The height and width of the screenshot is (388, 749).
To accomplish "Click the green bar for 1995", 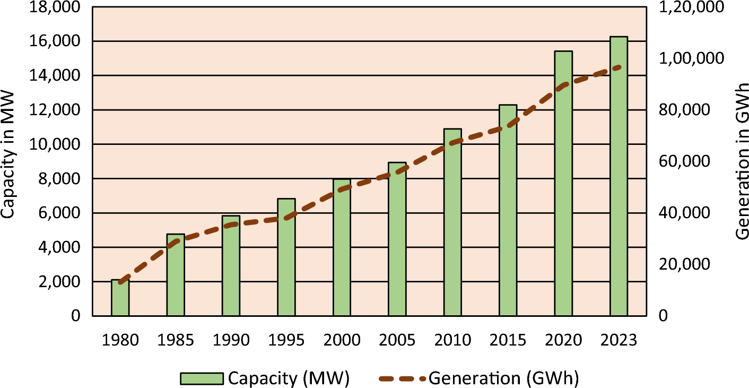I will (286, 257).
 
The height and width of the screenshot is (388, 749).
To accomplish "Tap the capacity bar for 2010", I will (452, 222).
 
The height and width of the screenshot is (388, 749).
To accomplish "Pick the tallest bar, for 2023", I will (619, 176).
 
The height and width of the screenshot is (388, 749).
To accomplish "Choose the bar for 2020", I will (563, 184).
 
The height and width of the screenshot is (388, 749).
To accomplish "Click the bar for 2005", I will (397, 239).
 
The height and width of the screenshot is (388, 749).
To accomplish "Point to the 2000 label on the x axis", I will (342, 340).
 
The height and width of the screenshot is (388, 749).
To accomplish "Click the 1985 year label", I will (176, 340).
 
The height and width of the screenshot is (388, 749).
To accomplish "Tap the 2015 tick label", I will (508, 340).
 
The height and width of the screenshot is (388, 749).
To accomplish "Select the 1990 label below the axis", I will (231, 340).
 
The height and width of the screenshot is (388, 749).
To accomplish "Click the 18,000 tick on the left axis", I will (55, 7).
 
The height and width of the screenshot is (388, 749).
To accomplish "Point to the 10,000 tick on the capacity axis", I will (55, 144).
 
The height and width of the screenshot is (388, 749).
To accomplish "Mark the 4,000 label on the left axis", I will (58, 247).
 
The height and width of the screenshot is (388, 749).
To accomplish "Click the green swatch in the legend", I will (201, 378).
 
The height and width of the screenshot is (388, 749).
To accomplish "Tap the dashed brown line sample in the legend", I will (403, 378).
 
